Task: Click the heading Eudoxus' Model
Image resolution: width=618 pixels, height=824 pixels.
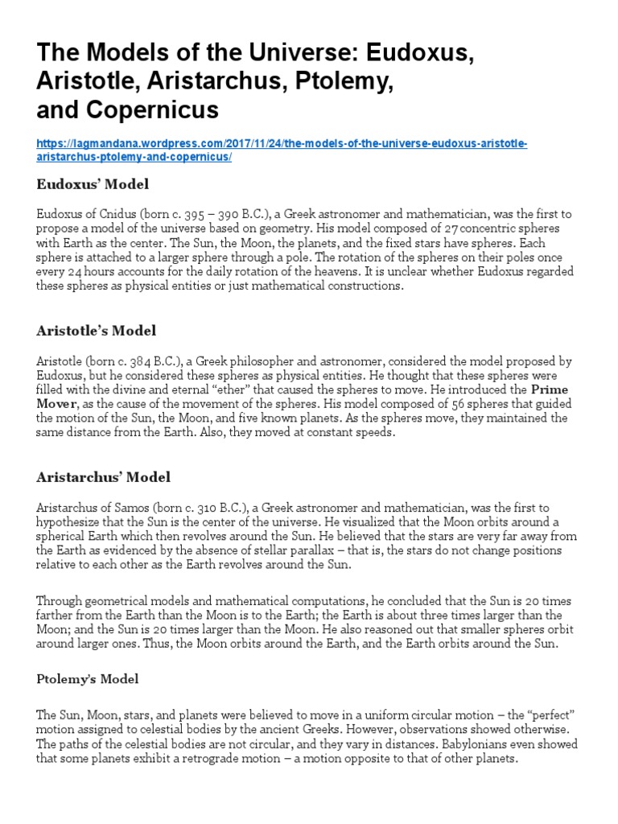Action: [93, 184]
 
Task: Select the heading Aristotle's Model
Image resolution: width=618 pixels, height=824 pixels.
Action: [97, 331]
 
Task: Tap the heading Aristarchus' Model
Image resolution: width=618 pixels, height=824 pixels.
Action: [104, 477]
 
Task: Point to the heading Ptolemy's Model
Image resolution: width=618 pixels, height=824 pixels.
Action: [88, 679]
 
